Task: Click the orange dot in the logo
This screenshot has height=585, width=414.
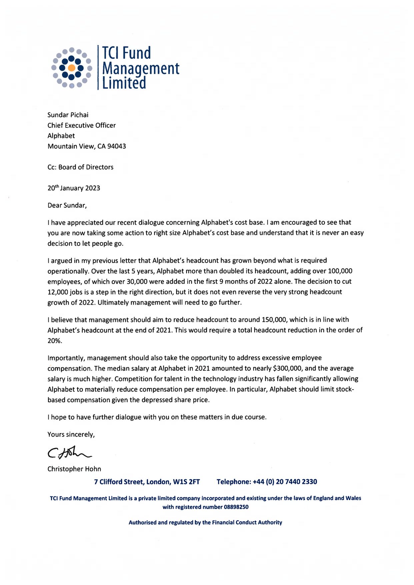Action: (71, 68)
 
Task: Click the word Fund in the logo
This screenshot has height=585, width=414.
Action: (137, 53)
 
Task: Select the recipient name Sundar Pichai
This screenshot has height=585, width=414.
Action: (68, 115)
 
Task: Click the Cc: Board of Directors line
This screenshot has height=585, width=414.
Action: (80, 167)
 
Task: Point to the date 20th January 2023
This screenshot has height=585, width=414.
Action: (74, 188)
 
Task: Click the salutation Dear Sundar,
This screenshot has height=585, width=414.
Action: (67, 205)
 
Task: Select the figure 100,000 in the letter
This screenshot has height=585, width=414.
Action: (340, 271)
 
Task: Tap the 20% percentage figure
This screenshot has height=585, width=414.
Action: (55, 341)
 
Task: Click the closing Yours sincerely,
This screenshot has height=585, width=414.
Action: (71, 435)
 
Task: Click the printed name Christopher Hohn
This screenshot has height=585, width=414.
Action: (74, 469)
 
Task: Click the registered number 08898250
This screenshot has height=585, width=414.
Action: (235, 507)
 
